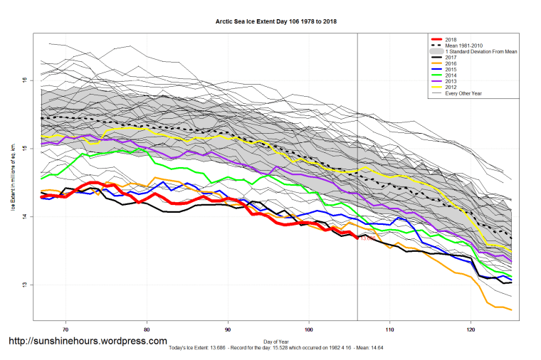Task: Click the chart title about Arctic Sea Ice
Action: [275, 22]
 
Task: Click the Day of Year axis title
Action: [275, 341]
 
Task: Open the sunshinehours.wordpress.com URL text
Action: [88, 342]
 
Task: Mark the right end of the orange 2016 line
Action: [511, 309]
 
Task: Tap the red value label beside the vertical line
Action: [367, 239]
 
